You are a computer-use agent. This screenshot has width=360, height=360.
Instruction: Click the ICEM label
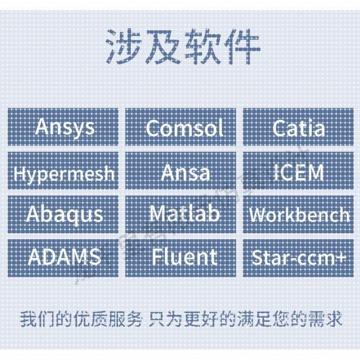pyautogui.click(x=299, y=172)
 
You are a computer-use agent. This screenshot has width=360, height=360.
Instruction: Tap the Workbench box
pyautogui.click(x=299, y=214)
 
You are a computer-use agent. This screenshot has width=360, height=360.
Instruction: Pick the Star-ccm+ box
pyautogui.click(x=299, y=257)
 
